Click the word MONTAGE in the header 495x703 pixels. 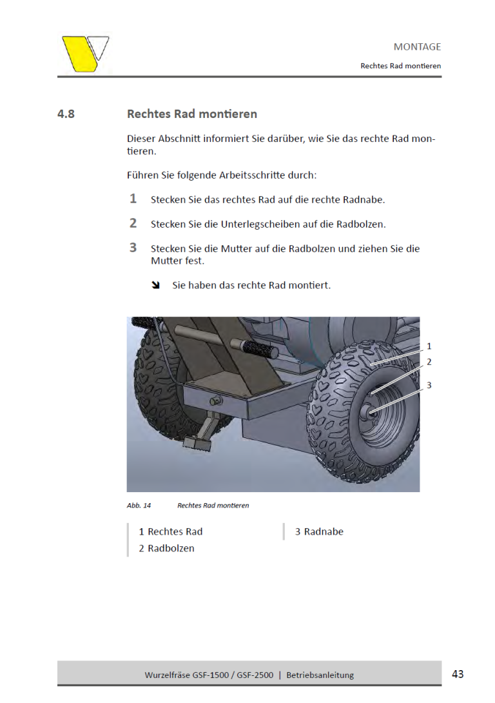[x=417, y=46]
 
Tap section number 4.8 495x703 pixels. [x=66, y=114]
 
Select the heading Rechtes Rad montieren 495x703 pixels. [x=191, y=114]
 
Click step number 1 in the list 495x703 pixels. [x=133, y=199]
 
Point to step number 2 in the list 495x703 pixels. [x=133, y=223]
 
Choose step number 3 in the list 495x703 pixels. [x=133, y=248]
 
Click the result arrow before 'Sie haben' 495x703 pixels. [x=155, y=284]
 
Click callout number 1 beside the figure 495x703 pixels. [x=429, y=346]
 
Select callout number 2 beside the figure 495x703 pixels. [x=429, y=362]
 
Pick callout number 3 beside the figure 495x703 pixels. [x=429, y=385]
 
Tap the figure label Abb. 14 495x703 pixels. [x=135, y=506]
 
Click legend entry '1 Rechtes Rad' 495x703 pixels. [x=171, y=531]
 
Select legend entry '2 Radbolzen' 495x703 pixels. [x=166, y=548]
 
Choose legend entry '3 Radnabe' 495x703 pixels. [x=319, y=531]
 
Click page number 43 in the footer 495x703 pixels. [x=458, y=674]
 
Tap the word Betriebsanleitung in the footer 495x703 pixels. [x=320, y=675]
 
